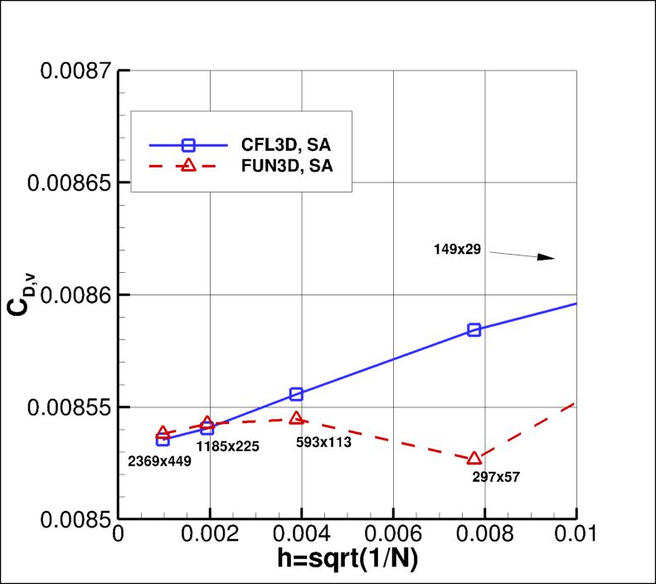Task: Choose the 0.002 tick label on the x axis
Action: tap(210, 535)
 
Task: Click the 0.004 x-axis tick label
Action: tap(301, 535)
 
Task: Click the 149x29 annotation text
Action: tap(457, 248)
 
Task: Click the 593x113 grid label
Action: tap(323, 442)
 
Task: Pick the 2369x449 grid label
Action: tap(159, 461)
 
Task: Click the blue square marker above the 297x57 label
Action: tap(474, 329)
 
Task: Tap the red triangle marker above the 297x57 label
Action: tap(474, 458)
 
